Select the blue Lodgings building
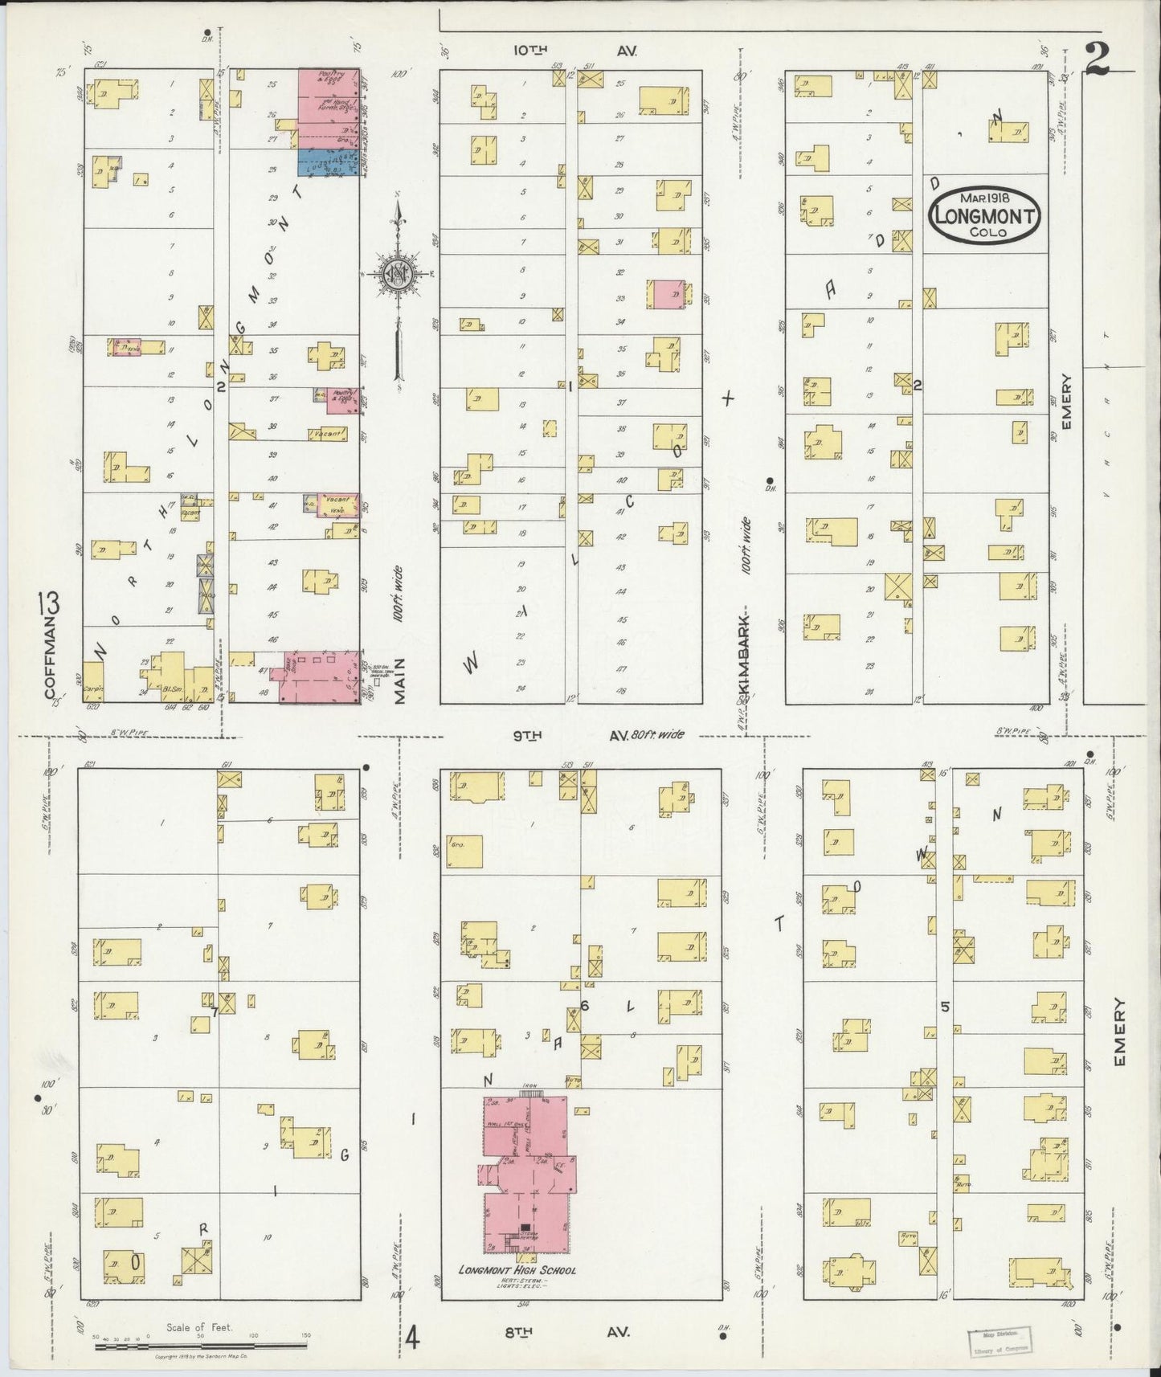pos(327,162)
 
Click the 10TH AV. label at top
pos(574,50)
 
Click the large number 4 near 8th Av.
pos(411,1338)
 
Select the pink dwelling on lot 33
pos(666,294)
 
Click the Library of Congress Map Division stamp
pos(1000,1342)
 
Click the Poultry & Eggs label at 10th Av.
pos(328,78)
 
